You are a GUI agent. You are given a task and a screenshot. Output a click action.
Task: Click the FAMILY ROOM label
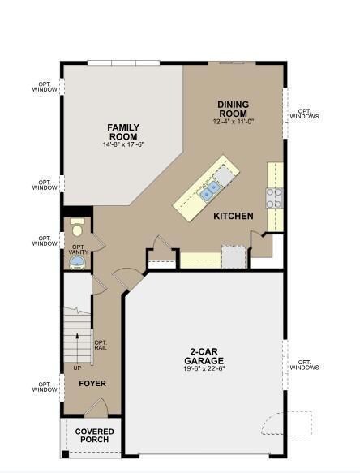pos(123,131)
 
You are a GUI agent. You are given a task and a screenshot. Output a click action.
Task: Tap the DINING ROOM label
pos(233,109)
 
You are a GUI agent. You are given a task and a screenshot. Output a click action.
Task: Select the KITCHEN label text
pos(234,217)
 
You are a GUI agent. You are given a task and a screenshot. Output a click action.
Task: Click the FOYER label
pos(92,383)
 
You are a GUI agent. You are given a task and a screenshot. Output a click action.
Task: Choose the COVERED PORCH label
pos(95,436)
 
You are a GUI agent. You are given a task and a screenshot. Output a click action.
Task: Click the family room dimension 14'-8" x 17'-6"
pos(123,145)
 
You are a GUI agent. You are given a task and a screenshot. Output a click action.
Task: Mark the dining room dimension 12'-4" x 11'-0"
pos(233,122)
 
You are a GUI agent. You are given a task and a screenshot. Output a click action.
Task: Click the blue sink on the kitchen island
pos(210,192)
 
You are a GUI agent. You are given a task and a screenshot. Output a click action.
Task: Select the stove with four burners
pos(275,196)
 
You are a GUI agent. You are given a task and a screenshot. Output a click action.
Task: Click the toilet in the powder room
pos(78,225)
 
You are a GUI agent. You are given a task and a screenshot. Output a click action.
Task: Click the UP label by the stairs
pos(78,367)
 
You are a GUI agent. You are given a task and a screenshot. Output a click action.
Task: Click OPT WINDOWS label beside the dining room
pos(304,114)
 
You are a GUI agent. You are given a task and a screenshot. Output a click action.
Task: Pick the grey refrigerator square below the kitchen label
pos(234,257)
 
